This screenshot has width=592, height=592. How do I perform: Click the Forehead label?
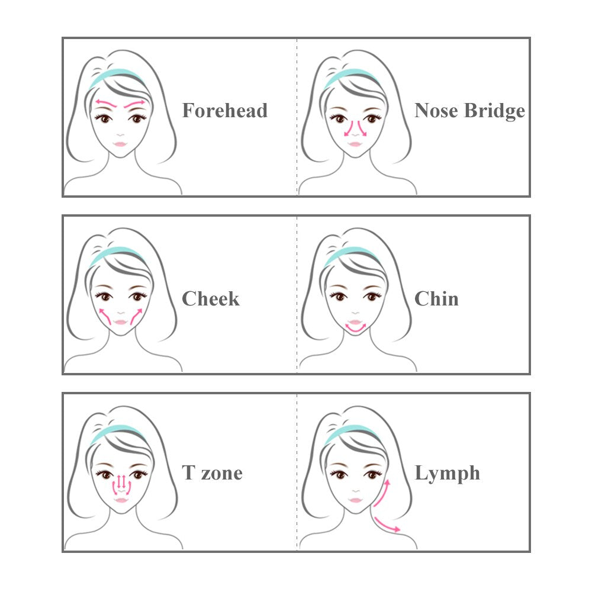(x=224, y=111)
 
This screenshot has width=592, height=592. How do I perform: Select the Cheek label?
(x=211, y=298)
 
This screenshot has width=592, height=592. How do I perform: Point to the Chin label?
(x=436, y=298)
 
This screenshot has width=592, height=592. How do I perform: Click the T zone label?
(x=212, y=473)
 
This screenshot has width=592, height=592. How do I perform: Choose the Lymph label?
(x=447, y=473)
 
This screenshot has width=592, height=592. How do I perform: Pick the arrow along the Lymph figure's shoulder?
(x=385, y=524)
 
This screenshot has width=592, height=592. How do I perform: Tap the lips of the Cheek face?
(x=120, y=321)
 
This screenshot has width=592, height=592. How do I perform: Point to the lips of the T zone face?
(x=120, y=500)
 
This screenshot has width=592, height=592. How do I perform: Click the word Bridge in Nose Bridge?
(x=495, y=111)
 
